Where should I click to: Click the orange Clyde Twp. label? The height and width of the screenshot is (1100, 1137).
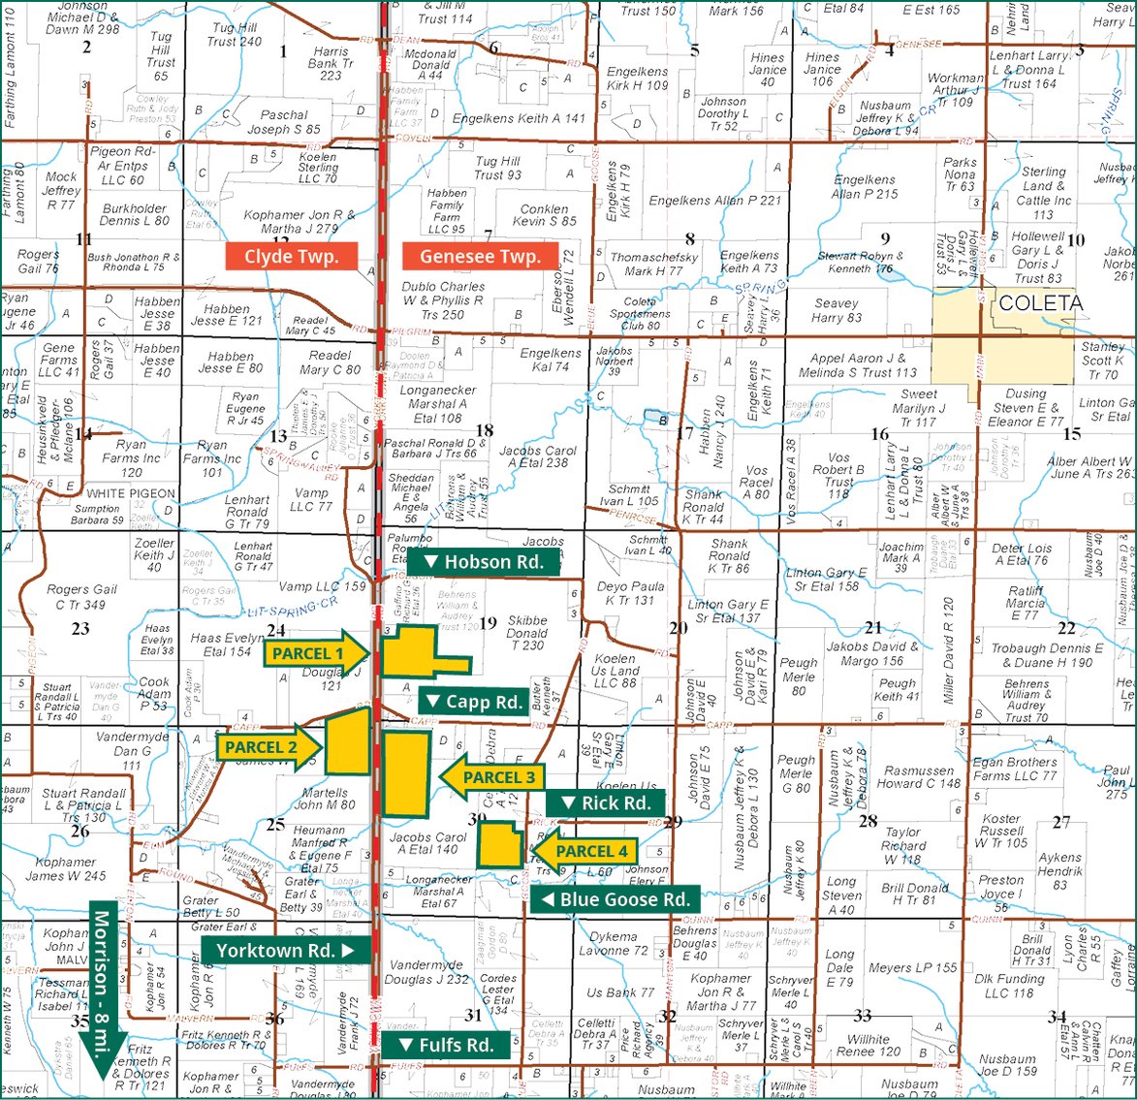pos(291,257)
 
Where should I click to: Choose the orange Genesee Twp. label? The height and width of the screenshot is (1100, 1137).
pos(480,257)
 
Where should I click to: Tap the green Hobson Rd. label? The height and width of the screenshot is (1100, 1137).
pos(484,562)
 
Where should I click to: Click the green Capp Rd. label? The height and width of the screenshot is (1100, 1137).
pos(475,701)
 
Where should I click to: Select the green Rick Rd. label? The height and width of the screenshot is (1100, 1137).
pos(606,802)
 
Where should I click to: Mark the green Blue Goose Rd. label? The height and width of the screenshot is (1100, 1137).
pos(615,899)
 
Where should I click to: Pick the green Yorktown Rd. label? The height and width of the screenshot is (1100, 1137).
pos(286,950)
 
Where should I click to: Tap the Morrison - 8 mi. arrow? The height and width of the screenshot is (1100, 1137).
pos(105,979)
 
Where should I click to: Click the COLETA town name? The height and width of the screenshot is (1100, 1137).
pos(1040,303)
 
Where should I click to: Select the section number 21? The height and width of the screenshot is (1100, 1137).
pos(873,627)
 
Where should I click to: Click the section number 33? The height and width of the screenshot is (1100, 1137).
pos(862,1015)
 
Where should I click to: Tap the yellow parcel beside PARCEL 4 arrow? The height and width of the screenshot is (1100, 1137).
pos(501,844)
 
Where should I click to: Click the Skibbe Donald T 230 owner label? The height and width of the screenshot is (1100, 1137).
pos(527,633)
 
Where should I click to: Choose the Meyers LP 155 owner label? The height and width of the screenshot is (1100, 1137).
pos(912,967)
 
